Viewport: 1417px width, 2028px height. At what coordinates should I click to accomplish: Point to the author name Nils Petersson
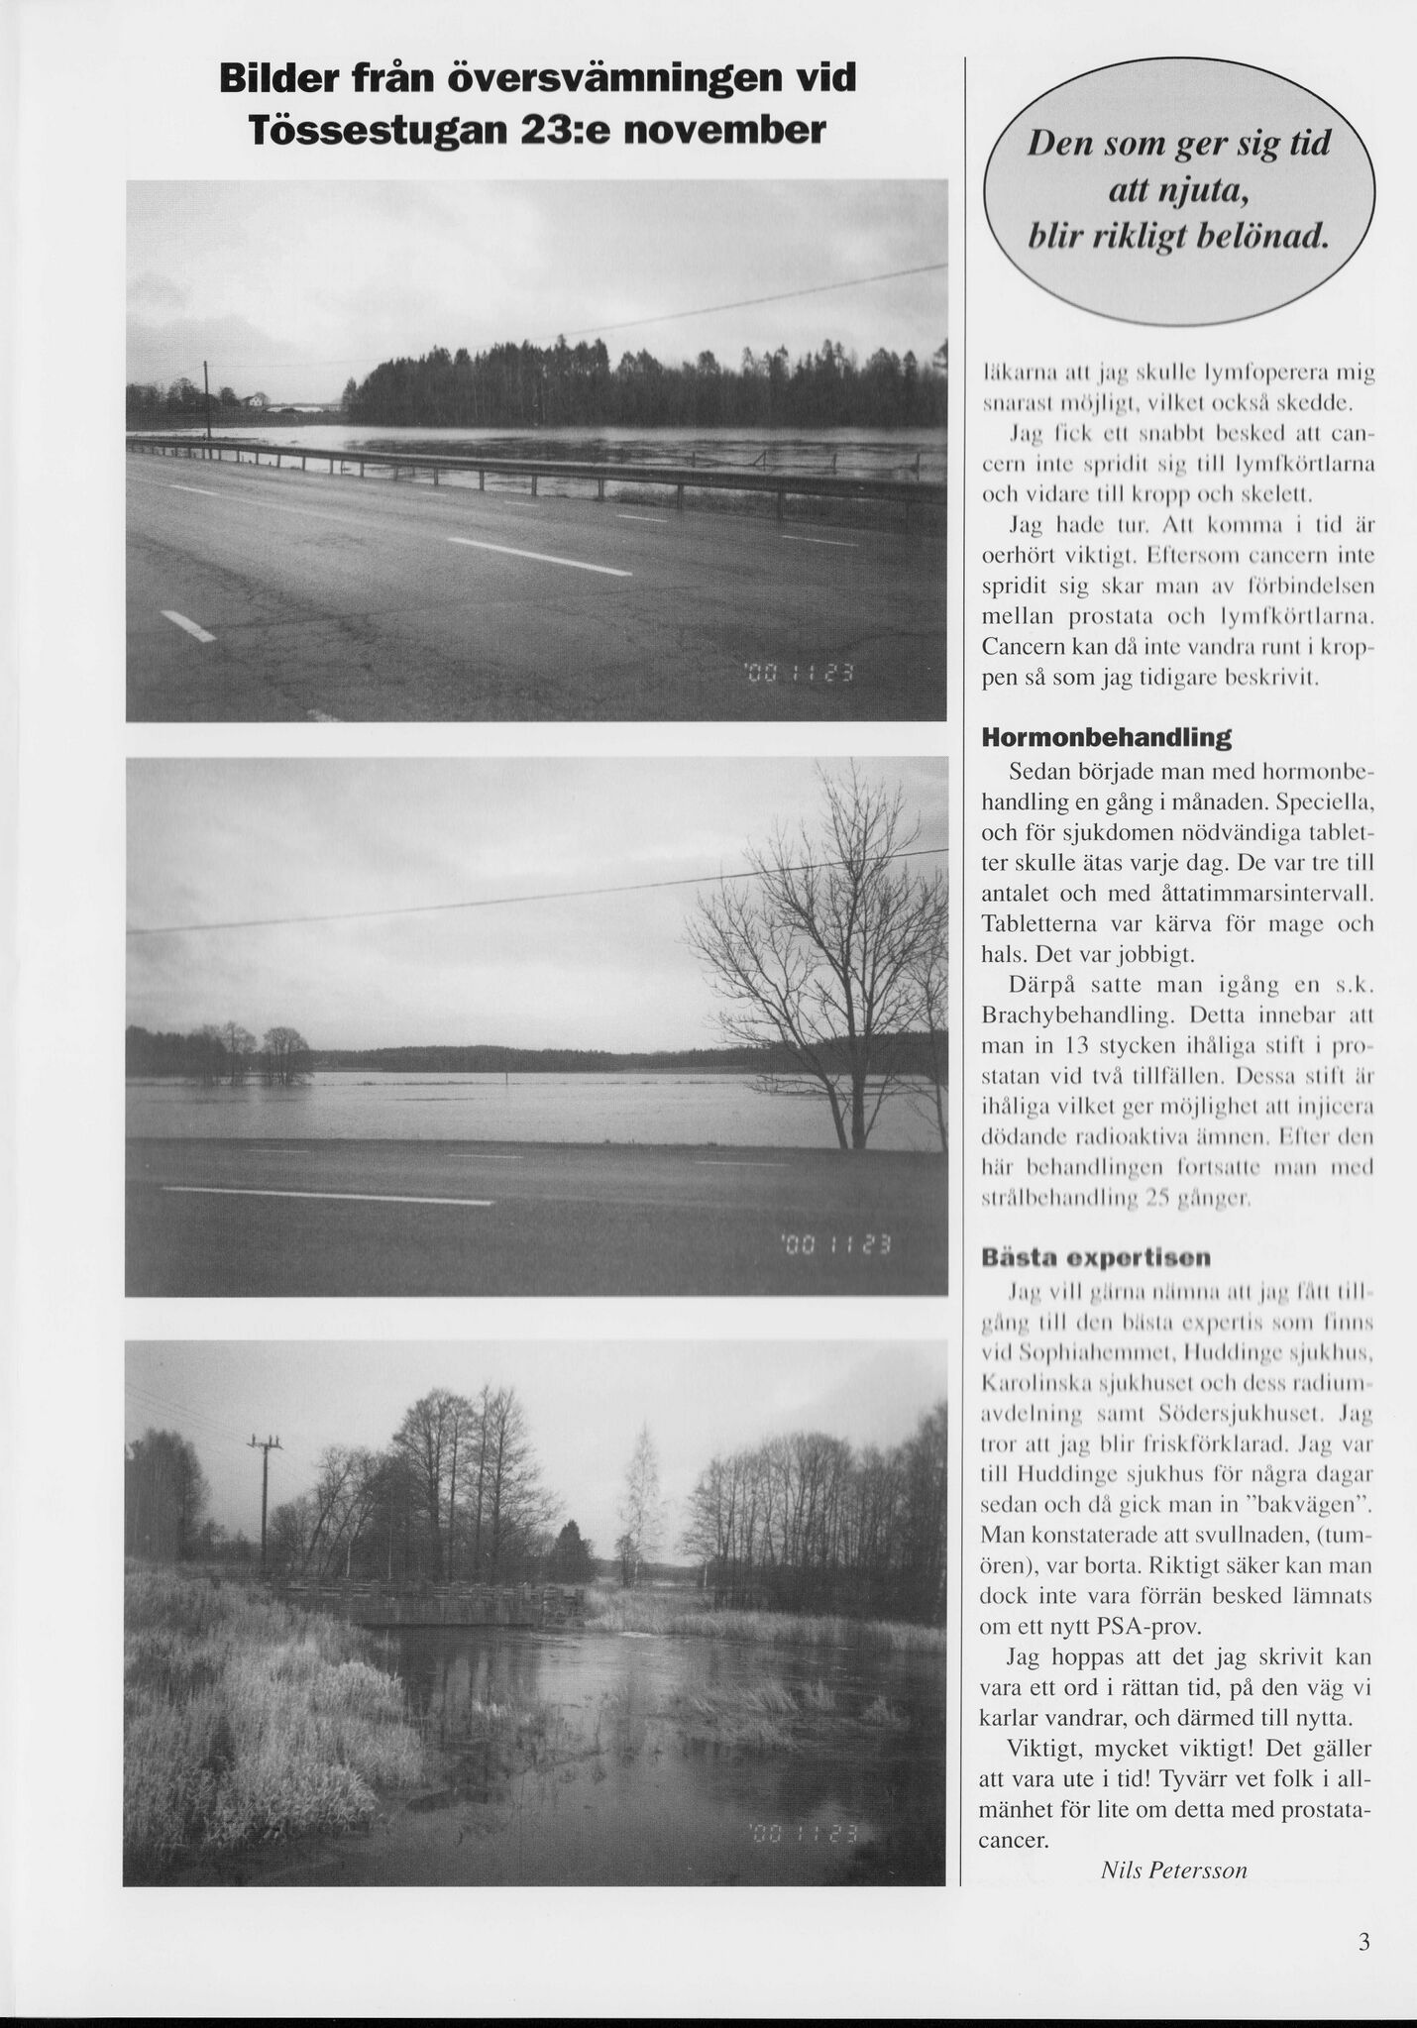pyautogui.click(x=1173, y=1871)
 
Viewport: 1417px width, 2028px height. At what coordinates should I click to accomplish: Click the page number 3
pyautogui.click(x=1364, y=1943)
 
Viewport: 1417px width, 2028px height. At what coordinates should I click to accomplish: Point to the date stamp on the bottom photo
pyautogui.click(x=806, y=1831)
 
